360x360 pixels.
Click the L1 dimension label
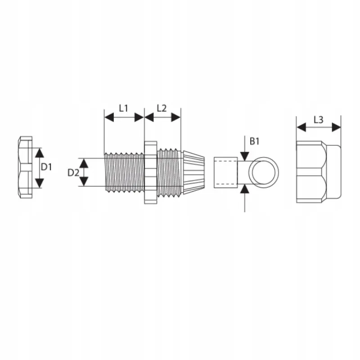123,108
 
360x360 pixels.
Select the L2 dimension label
162,108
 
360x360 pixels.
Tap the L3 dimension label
319,120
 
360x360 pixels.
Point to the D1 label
46,167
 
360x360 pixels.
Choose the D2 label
73,173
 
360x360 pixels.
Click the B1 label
254,141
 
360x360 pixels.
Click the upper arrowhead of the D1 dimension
40,153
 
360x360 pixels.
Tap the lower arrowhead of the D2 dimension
84,181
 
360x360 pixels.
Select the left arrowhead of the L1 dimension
109,117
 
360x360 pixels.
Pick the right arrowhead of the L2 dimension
176,117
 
